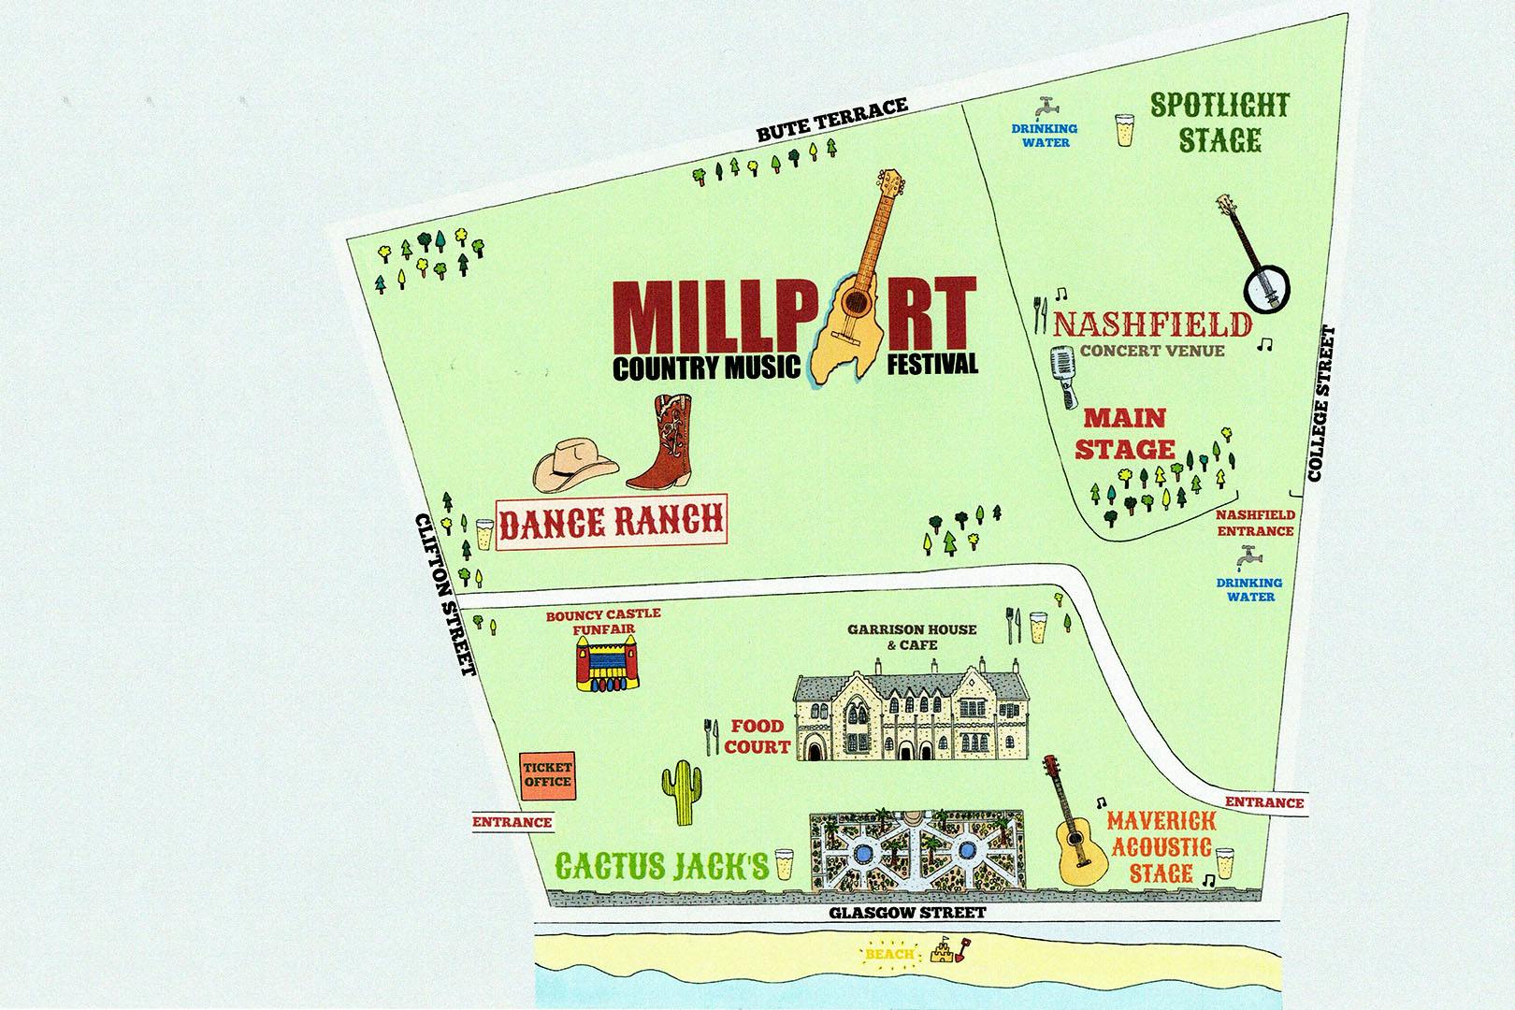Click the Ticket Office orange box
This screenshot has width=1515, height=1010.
(547, 775)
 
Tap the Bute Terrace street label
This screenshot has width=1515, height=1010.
(832, 120)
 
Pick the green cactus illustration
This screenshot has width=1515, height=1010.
(682, 791)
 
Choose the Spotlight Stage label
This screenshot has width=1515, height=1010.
(1219, 123)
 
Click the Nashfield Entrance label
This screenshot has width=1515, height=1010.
(1255, 523)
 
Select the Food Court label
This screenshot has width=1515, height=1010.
(759, 736)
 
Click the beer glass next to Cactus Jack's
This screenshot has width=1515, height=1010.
(783, 864)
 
